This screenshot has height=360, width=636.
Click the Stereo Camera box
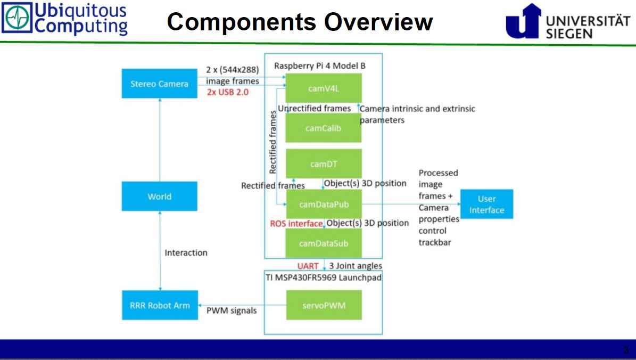click(159, 84)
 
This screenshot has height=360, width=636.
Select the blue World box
click(159, 197)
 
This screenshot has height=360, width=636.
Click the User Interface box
click(486, 204)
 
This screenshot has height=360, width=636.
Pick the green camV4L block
click(323, 88)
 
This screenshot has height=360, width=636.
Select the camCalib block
click(323, 128)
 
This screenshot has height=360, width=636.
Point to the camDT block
click(323, 163)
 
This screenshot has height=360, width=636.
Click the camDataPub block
click(323, 204)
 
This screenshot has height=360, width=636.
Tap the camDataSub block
click(323, 243)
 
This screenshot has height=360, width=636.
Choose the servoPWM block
click(323, 305)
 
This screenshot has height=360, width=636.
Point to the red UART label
click(308, 266)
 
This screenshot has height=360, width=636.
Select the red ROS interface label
click(296, 224)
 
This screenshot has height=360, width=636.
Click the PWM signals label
click(231, 310)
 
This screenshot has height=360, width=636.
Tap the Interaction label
click(186, 252)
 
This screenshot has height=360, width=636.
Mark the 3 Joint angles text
click(355, 266)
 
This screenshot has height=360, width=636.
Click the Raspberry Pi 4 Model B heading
click(320, 66)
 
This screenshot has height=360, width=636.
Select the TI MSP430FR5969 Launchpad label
click(323, 277)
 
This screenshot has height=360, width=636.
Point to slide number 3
click(626, 350)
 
